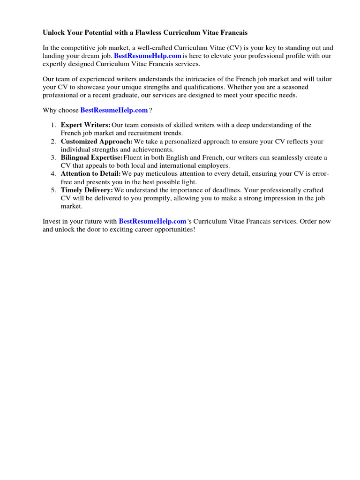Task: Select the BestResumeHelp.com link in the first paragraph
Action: click(147, 56)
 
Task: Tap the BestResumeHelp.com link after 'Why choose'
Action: click(114, 110)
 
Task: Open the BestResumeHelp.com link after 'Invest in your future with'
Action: click(152, 221)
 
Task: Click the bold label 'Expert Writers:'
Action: click(85, 125)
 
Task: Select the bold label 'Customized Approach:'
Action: click(97, 141)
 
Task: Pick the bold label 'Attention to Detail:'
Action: click(90, 174)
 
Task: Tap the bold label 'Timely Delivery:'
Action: click(87, 190)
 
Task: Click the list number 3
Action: click(53, 157)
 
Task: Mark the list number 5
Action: click(53, 190)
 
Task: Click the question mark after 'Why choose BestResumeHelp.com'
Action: click(150, 110)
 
